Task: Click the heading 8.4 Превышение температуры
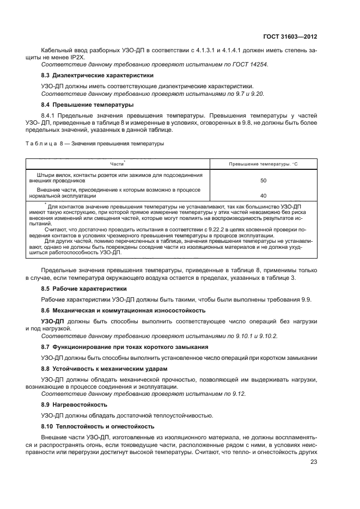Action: pyautogui.click(x=87, y=104)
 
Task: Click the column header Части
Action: pyautogui.click(x=117, y=164)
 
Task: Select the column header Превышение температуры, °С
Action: pyautogui.click(x=263, y=164)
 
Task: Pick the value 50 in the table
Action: pyautogui.click(x=263, y=180)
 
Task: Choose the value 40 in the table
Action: pyautogui.click(x=263, y=195)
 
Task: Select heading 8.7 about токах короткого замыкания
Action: pyautogui.click(x=124, y=347)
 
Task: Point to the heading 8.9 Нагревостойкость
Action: pyautogui.click(x=74, y=405)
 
